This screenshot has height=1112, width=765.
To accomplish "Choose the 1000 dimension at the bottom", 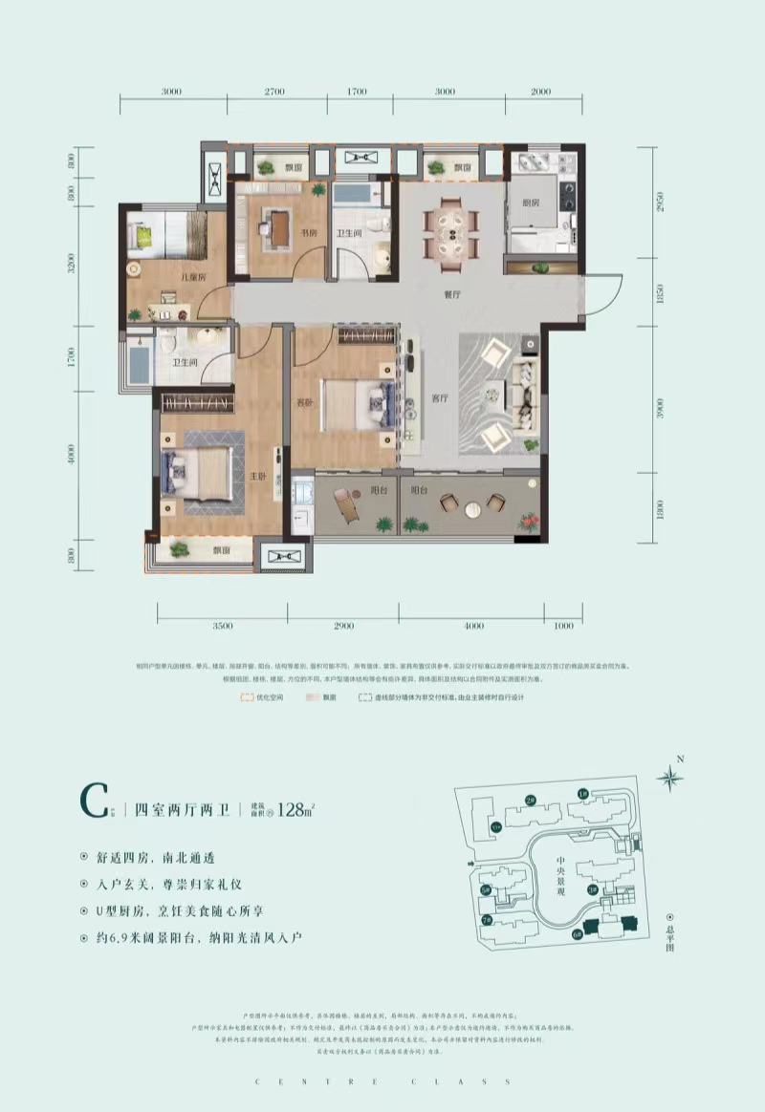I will (x=562, y=626).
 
